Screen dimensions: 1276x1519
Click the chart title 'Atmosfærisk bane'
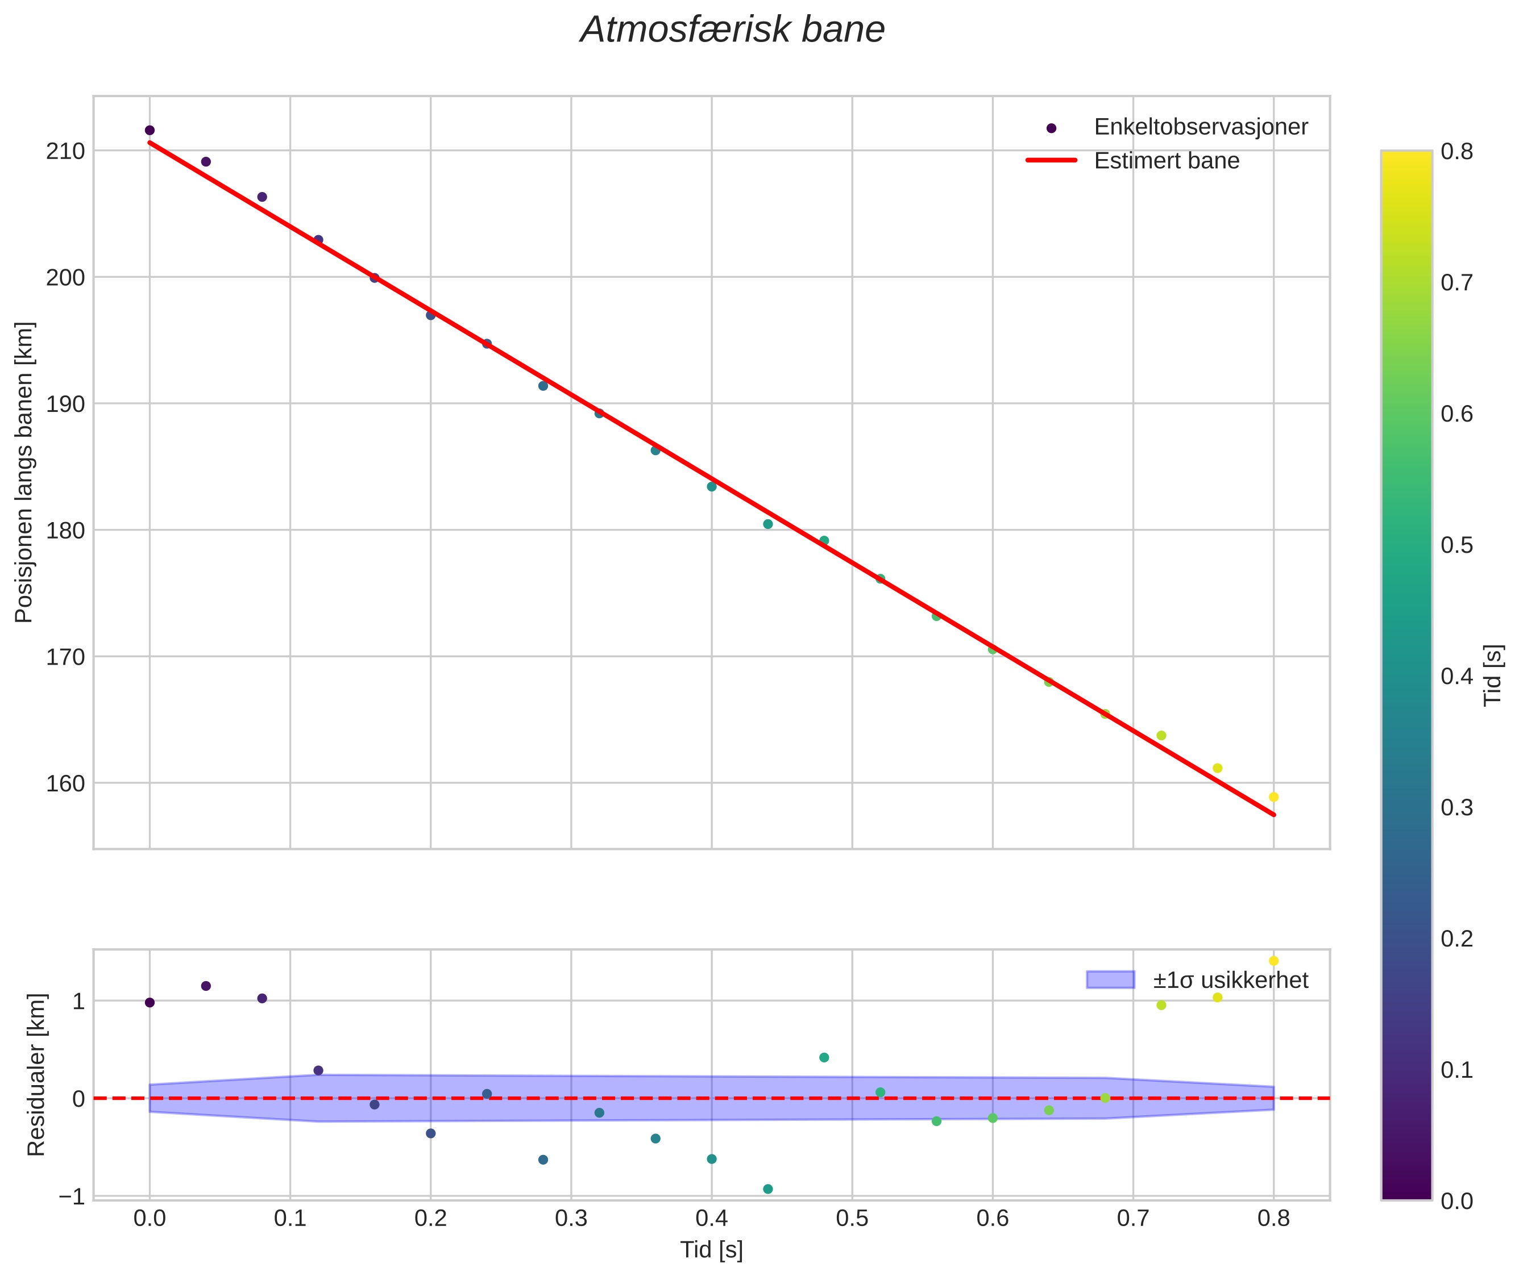(x=732, y=30)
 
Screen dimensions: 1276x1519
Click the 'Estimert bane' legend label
(x=1166, y=161)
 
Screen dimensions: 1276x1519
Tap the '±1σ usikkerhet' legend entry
(x=1230, y=980)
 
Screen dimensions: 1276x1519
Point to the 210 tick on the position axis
(x=65, y=151)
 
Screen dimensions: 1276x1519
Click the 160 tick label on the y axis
(x=65, y=783)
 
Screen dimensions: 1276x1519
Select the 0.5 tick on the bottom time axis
(x=852, y=1219)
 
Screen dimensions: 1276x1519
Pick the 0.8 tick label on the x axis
(x=1273, y=1219)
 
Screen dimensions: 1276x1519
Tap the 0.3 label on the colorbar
(x=1456, y=807)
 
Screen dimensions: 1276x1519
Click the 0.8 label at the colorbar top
(x=1456, y=151)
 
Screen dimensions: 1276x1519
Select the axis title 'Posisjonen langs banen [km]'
(x=24, y=472)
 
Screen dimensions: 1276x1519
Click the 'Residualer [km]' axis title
(x=36, y=1074)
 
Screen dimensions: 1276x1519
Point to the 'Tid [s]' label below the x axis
(x=711, y=1250)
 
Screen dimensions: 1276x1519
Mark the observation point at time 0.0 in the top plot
(x=150, y=130)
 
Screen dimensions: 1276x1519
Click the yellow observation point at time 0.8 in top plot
(x=1273, y=797)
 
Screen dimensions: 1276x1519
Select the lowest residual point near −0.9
(x=768, y=1189)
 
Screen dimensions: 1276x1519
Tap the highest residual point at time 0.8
(x=1273, y=961)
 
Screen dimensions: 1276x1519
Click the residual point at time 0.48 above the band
(x=824, y=1057)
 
